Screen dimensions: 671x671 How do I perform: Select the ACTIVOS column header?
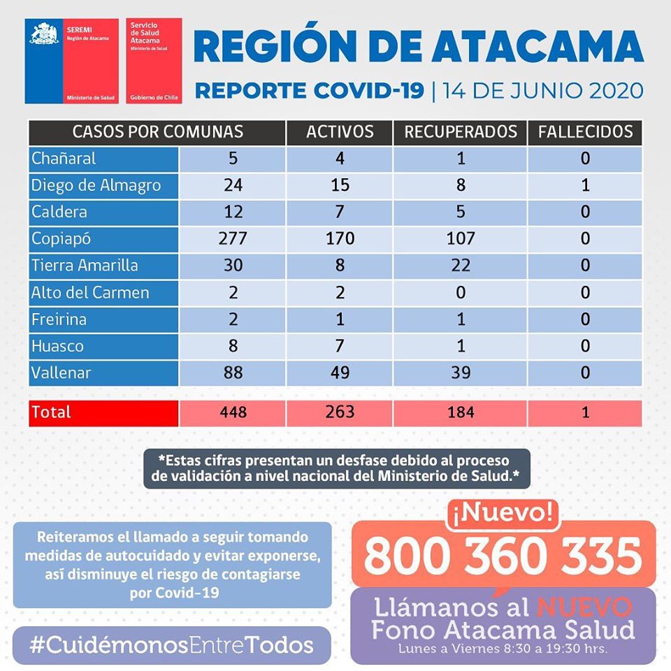pos(340,131)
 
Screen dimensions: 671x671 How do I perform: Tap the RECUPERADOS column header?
pos(461,131)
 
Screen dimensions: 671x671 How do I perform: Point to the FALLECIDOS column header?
pos(585,131)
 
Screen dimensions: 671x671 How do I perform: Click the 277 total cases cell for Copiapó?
pos(233,238)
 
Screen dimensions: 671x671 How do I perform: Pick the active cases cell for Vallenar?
pos(340,373)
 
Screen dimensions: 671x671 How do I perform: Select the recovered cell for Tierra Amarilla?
pos(461,266)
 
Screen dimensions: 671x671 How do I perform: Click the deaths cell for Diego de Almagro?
pos(585,185)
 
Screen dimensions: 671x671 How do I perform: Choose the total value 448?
pos(233,412)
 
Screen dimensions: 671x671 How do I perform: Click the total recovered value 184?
pos(461,412)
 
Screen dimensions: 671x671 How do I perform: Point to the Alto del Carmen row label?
pos(90,292)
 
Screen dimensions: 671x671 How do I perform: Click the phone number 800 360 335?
pos(503,556)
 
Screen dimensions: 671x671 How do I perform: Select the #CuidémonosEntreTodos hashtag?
pos(171,644)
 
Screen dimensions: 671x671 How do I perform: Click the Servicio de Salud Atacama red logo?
pos(154,61)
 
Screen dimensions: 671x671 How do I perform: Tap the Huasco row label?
pos(57,346)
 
